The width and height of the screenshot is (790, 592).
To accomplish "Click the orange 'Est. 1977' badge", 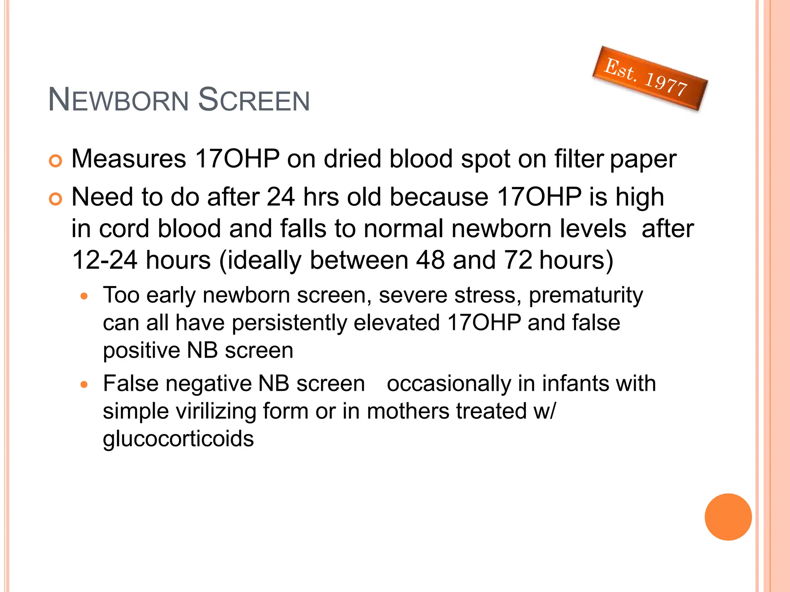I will pyautogui.click(x=650, y=78).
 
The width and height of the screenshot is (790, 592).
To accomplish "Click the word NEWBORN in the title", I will pyautogui.click(x=118, y=100).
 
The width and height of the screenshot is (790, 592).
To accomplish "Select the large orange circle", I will pyautogui.click(x=728, y=517).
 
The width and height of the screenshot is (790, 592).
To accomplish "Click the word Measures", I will pyautogui.click(x=129, y=159).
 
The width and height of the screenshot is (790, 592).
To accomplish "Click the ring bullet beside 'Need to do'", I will pyautogui.click(x=56, y=199).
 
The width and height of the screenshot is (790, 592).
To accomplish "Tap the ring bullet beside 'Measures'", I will pyautogui.click(x=56, y=161).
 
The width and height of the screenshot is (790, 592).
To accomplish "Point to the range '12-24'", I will pyautogui.click(x=105, y=260).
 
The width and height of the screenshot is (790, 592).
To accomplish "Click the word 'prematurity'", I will pyautogui.click(x=586, y=296).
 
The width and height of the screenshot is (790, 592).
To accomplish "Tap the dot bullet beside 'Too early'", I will pyautogui.click(x=84, y=296).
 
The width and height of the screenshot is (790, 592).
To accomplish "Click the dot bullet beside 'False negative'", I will pyautogui.click(x=84, y=384).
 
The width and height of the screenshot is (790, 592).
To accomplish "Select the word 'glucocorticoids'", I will pyautogui.click(x=178, y=439).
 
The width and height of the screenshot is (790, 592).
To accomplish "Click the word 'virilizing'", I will pyautogui.click(x=216, y=411).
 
